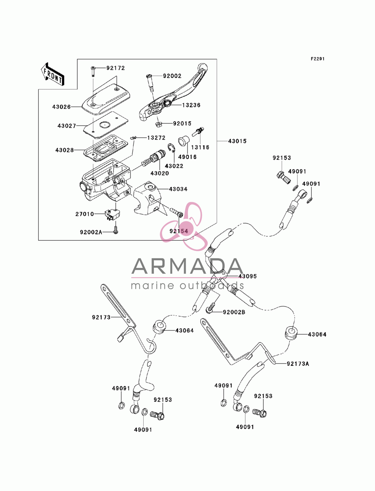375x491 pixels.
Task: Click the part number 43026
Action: pyautogui.click(x=61, y=107)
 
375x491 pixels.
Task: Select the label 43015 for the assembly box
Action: pyautogui.click(x=237, y=141)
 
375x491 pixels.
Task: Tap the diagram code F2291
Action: pyautogui.click(x=318, y=59)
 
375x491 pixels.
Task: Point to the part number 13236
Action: pyautogui.click(x=191, y=105)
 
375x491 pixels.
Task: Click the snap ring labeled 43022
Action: pyautogui.click(x=171, y=148)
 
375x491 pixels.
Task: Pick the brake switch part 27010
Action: pyautogui.click(x=112, y=215)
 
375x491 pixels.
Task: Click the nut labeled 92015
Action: pyautogui.click(x=159, y=124)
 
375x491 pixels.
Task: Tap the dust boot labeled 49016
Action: pyautogui.click(x=184, y=141)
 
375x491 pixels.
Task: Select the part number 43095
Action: pyautogui.click(x=247, y=276)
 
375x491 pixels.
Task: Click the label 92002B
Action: pyautogui.click(x=234, y=312)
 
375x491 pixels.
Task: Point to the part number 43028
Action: pyautogui.click(x=64, y=150)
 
